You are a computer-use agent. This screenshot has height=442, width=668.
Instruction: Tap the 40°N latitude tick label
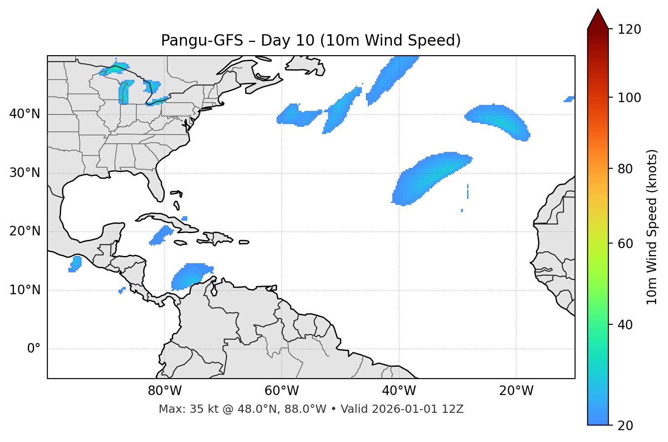point(25,114)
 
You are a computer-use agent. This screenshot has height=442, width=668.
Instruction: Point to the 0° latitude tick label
point(34,348)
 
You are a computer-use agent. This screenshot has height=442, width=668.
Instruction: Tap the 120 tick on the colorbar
point(629,30)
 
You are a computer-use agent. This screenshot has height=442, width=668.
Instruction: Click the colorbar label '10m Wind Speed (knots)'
point(652,227)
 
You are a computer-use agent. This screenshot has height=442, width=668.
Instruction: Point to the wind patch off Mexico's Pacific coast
point(75,264)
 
